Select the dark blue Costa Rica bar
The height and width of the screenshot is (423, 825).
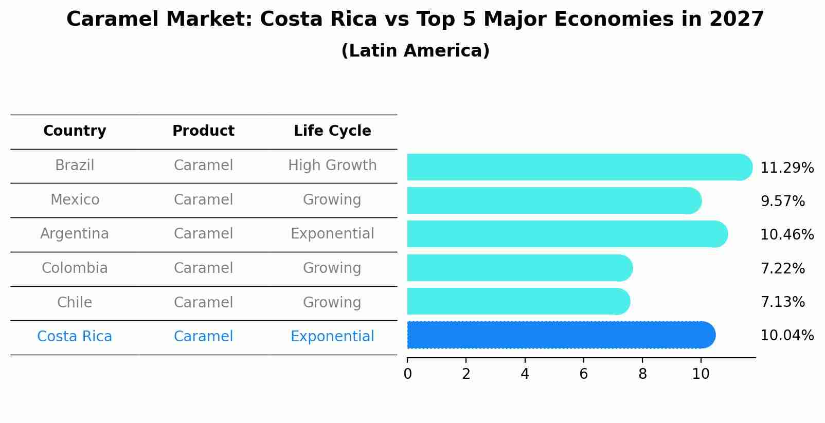pyautogui.click(x=561, y=335)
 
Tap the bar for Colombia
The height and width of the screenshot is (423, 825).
pyautogui.click(x=519, y=268)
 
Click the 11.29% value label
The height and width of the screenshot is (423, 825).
pyautogui.click(x=786, y=168)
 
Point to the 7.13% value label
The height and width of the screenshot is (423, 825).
pyautogui.click(x=782, y=302)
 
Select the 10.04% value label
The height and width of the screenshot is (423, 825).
pyautogui.click(x=786, y=336)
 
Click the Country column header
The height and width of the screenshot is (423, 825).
pyautogui.click(x=75, y=131)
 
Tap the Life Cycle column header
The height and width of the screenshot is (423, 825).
pyautogui.click(x=332, y=131)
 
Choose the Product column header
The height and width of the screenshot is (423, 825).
pyautogui.click(x=203, y=131)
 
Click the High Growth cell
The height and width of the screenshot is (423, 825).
pyautogui.click(x=332, y=165)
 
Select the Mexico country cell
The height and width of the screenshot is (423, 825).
pyautogui.click(x=75, y=199)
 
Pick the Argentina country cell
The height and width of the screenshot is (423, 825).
pyautogui.click(x=75, y=234)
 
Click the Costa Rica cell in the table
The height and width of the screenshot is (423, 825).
pyautogui.click(x=75, y=337)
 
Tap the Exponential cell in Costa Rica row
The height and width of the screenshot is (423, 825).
pyautogui.click(x=332, y=337)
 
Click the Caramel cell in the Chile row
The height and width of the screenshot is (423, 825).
pyautogui.click(x=203, y=302)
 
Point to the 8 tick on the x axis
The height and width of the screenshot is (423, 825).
pyautogui.click(x=642, y=374)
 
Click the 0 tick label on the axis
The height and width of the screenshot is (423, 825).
pyautogui.click(x=407, y=374)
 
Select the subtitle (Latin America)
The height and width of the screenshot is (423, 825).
pyautogui.click(x=415, y=51)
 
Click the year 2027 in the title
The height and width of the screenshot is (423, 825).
pyautogui.click(x=737, y=20)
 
